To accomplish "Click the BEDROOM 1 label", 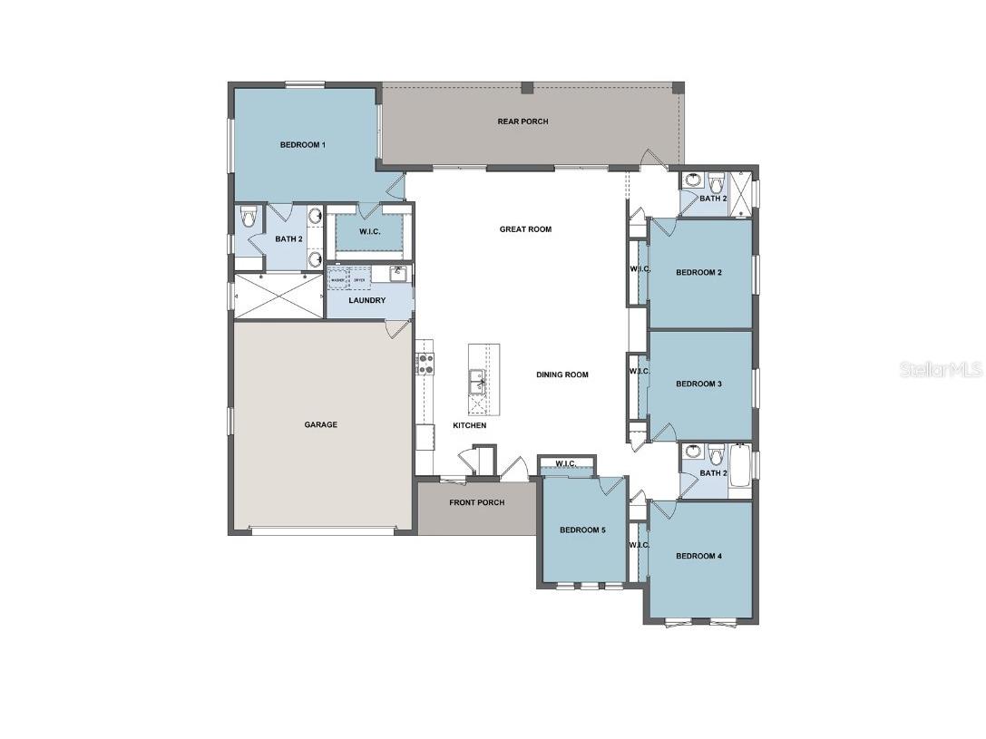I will tap(302, 145).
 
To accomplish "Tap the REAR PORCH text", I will tap(522, 122).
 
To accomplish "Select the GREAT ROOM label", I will tap(525, 229).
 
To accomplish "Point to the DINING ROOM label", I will tap(561, 374).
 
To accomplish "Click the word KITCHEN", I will tap(470, 425).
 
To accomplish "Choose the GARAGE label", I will tap(320, 424).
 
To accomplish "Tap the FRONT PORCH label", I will tap(476, 502).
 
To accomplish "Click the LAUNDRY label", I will tap(367, 300).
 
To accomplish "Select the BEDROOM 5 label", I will tap(581, 530).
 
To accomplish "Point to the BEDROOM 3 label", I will tap(698, 384).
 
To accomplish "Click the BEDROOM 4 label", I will tap(698, 556).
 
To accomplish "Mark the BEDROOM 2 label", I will tap(698, 272).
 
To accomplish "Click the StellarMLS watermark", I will tap(941, 370).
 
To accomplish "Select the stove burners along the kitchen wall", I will tap(424, 363).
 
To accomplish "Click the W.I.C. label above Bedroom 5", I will tap(566, 464).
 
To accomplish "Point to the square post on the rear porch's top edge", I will tap(527, 88).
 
